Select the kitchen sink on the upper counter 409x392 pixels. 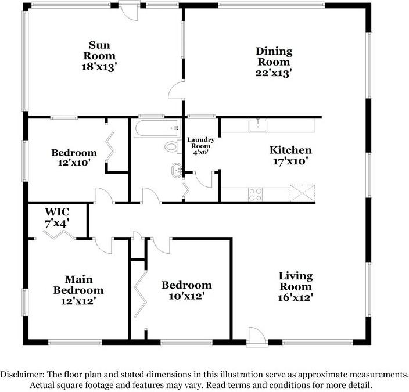point(257,124)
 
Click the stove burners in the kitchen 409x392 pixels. point(256,193)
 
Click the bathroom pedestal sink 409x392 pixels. point(176,171)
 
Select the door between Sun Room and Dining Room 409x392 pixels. point(176,92)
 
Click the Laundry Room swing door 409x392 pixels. point(203,179)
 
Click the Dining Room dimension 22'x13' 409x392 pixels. point(274,73)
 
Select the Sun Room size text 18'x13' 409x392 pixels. point(102,66)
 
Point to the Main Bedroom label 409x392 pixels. point(78,285)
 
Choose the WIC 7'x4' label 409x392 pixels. point(58,216)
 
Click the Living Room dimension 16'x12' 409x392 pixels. point(295,297)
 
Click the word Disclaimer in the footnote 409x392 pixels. point(23,375)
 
